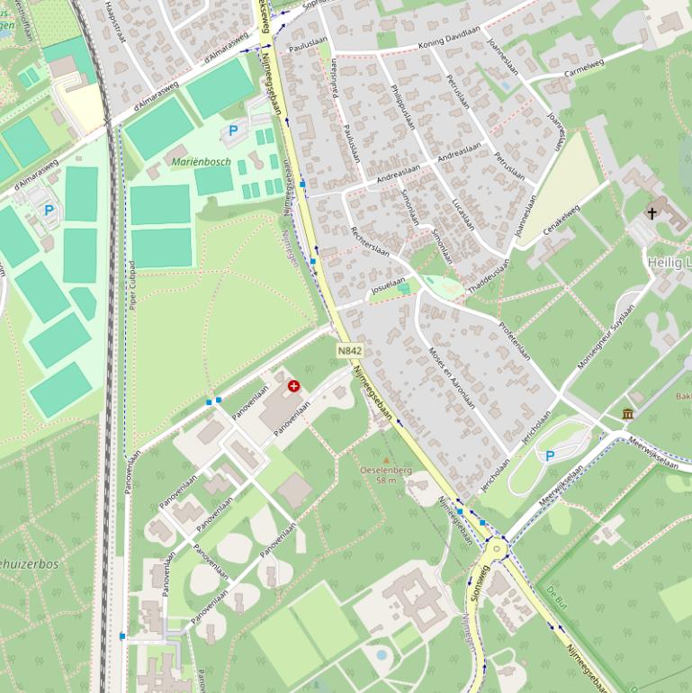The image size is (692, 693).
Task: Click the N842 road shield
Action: click(350, 350)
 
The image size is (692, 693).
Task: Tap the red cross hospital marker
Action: click(293, 386)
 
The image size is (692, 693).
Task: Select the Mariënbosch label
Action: click(201, 162)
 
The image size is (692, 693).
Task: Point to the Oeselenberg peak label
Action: click(385, 474)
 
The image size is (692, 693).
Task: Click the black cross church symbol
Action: click(652, 213)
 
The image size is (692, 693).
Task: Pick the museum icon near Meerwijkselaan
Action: click(627, 413)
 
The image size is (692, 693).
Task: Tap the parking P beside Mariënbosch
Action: click(233, 131)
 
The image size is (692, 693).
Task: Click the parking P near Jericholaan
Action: click(550, 456)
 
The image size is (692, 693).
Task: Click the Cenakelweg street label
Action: click(562, 221)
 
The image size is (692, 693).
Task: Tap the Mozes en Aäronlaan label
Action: click(451, 376)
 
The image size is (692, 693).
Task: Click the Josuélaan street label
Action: click(388, 286)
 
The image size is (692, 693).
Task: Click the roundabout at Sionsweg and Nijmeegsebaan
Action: click(494, 548)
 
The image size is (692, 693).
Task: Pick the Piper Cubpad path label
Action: click(132, 286)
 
